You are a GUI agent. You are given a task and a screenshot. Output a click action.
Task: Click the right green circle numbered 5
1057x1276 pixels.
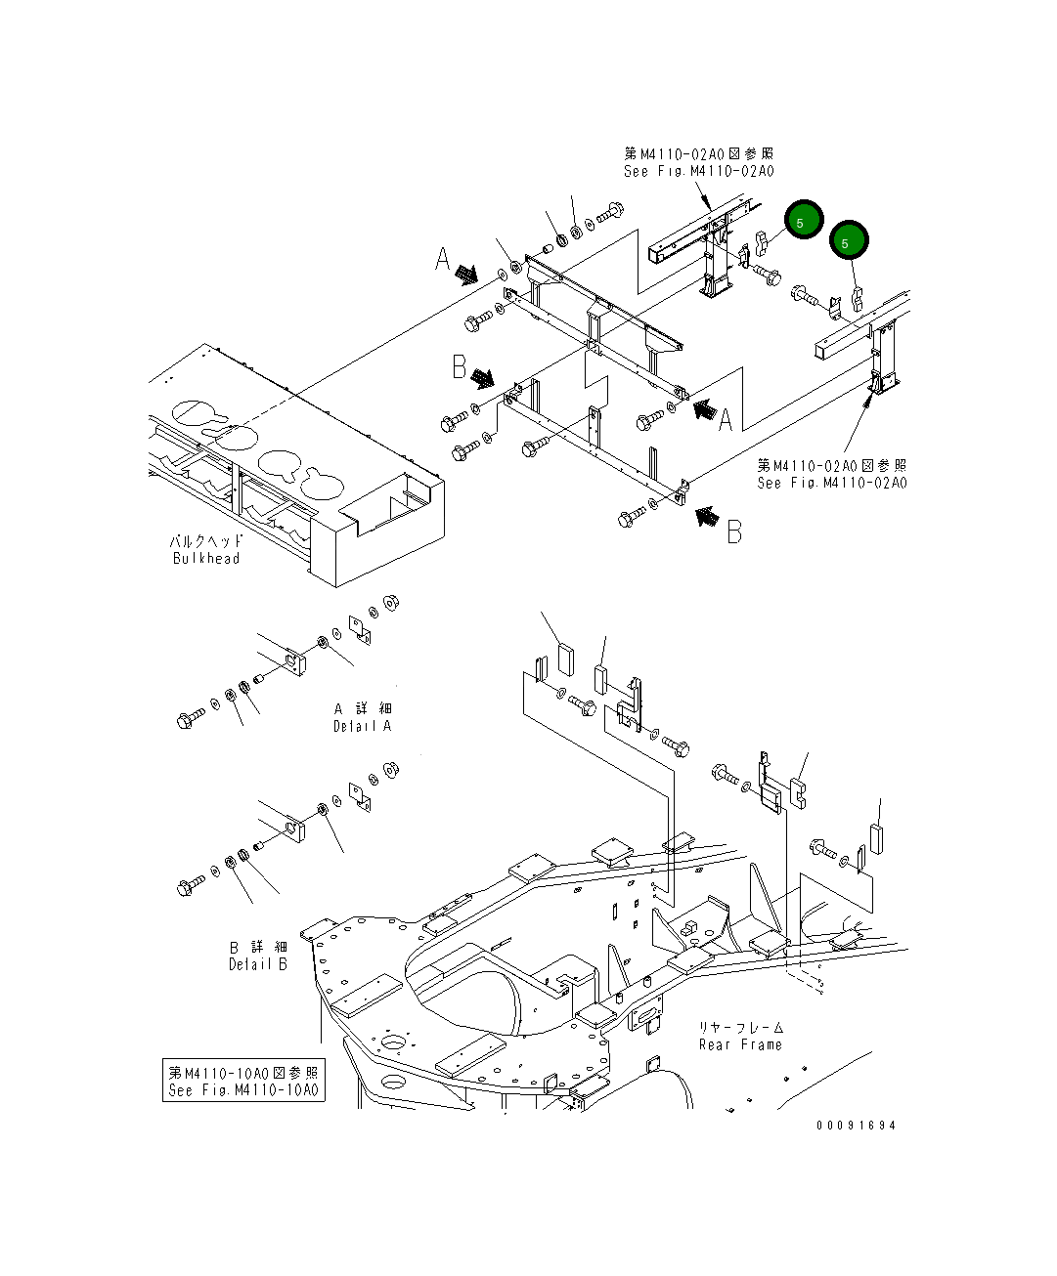point(848,241)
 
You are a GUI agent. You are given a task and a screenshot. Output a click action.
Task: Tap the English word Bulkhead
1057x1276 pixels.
point(205,558)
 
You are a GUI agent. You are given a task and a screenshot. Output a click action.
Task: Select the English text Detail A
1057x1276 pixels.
point(362,726)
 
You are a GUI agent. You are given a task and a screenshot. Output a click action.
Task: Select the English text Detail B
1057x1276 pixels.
point(258,964)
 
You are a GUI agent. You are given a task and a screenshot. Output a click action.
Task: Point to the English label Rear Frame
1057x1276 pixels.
point(740,1044)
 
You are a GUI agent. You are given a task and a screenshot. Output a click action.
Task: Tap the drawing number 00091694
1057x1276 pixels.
point(857,1125)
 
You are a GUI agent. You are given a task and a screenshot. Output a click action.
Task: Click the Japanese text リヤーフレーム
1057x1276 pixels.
point(740,1027)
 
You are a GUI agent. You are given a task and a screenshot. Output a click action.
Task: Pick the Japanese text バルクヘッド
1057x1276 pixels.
point(205,540)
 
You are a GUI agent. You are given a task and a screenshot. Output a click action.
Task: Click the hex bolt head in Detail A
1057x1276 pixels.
point(186,721)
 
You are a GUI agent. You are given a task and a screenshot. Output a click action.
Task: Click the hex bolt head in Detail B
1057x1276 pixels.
point(186,887)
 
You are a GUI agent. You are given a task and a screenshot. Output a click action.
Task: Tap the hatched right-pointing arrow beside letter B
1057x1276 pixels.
point(482,377)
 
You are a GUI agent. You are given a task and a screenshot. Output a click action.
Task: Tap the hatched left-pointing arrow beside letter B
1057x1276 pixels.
point(707,515)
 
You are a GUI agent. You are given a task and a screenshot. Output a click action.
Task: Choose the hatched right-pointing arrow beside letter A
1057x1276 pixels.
point(467,276)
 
